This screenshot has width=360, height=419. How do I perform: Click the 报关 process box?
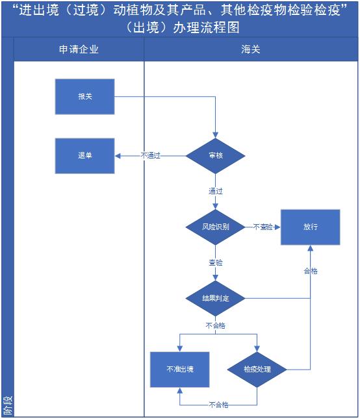pyautogui.click(x=84, y=96)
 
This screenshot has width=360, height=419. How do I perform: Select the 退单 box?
pyautogui.click(x=84, y=156)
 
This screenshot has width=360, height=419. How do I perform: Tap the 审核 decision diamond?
pyautogui.click(x=215, y=156)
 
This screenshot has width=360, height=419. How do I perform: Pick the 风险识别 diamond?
pyautogui.click(x=215, y=227)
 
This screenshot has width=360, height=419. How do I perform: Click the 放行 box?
pyautogui.click(x=311, y=227)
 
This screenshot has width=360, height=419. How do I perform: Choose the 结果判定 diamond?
pyautogui.click(x=215, y=298)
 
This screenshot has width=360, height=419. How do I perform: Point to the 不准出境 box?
pyautogui.click(x=179, y=370)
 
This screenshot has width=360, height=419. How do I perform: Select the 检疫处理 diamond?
pyautogui.click(x=257, y=370)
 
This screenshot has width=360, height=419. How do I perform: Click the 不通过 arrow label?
pyautogui.click(x=151, y=155)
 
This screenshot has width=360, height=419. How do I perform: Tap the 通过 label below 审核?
pyautogui.click(x=215, y=192)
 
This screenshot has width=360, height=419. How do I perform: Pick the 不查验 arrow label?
pyautogui.click(x=263, y=227)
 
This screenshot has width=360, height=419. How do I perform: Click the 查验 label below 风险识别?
pyautogui.click(x=215, y=262)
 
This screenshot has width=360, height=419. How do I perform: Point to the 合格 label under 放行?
pyautogui.click(x=311, y=272)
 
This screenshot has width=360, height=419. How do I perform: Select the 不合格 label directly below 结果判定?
pyautogui.click(x=215, y=325)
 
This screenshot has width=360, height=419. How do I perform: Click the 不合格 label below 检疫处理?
pyautogui.click(x=218, y=405)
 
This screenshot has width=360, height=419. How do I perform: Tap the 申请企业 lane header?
pyautogui.click(x=79, y=49)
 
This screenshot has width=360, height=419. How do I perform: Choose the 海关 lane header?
pyautogui.click(x=251, y=49)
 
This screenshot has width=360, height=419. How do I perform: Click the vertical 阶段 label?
pyautogui.click(x=8, y=405)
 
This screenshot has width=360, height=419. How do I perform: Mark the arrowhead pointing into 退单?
pyautogui.click(x=118, y=156)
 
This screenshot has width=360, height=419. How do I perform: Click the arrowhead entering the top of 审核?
pyautogui.click(x=215, y=135)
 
